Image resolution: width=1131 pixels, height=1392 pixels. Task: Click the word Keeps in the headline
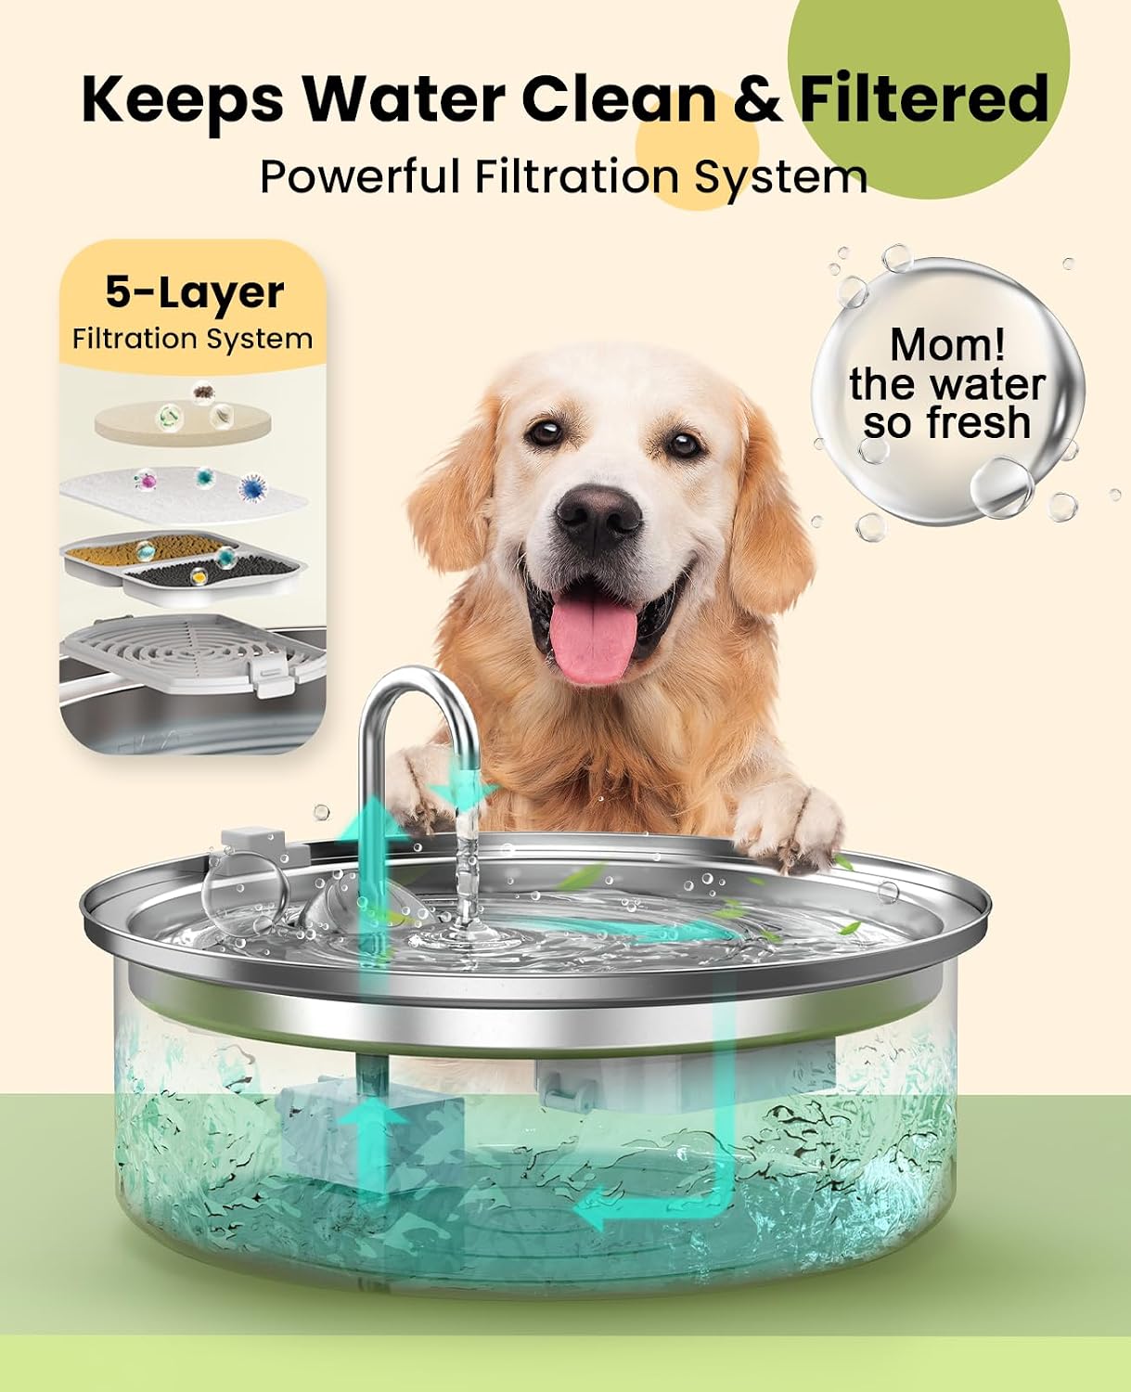(183, 100)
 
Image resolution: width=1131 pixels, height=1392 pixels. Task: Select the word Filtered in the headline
(924, 98)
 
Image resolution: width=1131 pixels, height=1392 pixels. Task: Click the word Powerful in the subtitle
(359, 175)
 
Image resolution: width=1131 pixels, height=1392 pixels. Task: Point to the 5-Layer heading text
(194, 292)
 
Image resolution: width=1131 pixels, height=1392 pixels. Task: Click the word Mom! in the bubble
(947, 344)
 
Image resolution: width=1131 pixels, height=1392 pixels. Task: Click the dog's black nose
(598, 516)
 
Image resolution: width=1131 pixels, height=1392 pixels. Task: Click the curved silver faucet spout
(418, 739)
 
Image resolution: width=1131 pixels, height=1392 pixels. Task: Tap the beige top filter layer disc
(182, 422)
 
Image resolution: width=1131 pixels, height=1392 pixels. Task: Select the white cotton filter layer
(183, 495)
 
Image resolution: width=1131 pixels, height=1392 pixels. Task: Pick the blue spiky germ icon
(252, 488)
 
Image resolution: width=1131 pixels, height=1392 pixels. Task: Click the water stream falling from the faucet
(468, 863)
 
